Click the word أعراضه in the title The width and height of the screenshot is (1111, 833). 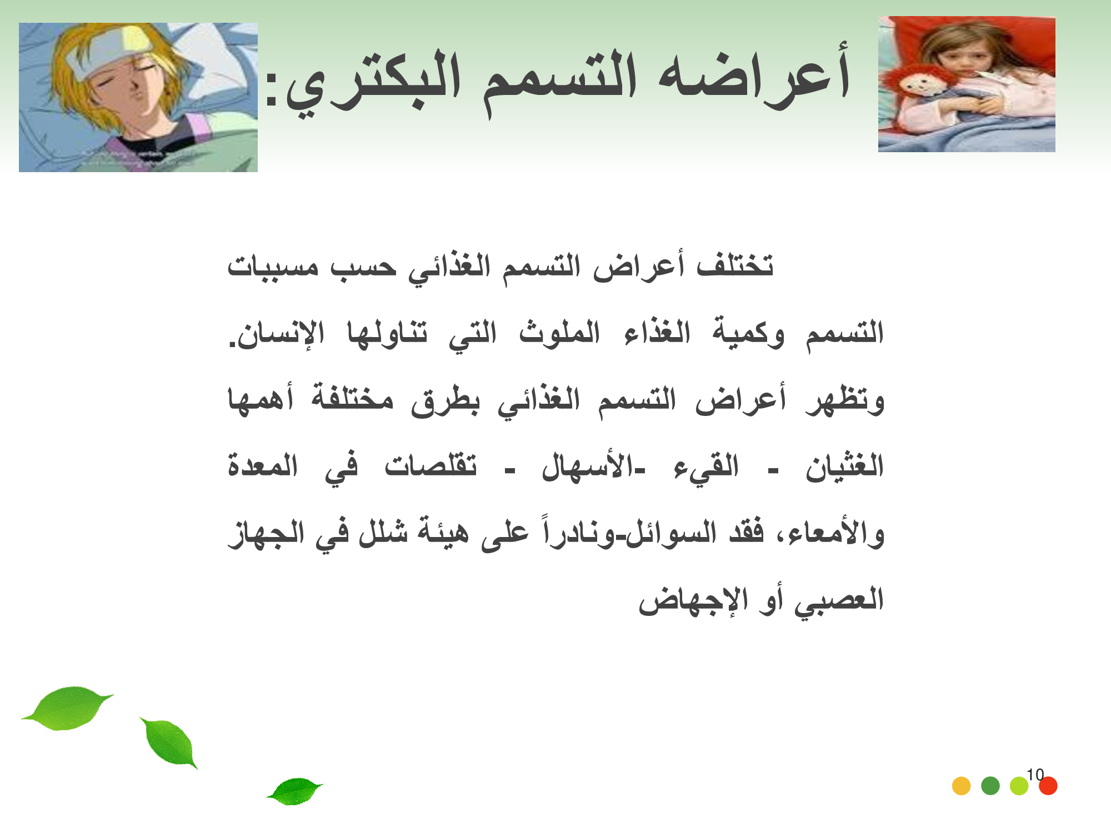(x=754, y=75)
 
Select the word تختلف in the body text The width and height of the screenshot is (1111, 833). (x=735, y=265)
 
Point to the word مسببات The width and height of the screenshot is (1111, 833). (x=273, y=267)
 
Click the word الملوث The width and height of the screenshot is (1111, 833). (x=559, y=332)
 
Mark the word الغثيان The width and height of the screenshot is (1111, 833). (x=844, y=465)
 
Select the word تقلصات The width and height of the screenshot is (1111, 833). (x=431, y=465)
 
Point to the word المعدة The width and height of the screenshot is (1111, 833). (x=263, y=465)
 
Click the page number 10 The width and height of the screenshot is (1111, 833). (x=1035, y=774)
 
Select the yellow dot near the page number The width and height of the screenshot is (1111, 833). (x=961, y=786)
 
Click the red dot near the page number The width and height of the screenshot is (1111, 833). (x=1048, y=786)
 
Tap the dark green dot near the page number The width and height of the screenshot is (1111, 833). (x=990, y=786)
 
